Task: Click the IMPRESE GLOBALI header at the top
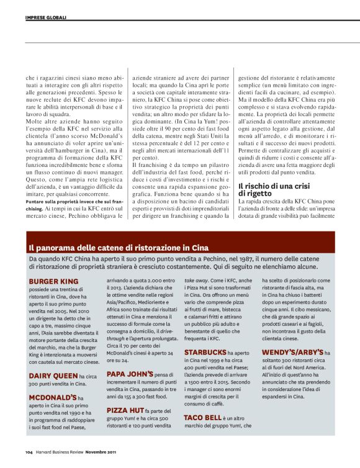pos(46,17)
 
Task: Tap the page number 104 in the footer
pos(29,451)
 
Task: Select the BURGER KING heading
pos(53,281)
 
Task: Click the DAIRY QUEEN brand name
pos(53,376)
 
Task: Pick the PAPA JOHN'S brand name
pos(130,374)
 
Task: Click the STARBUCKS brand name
pos(205,352)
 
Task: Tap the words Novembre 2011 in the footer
pos(100,451)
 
